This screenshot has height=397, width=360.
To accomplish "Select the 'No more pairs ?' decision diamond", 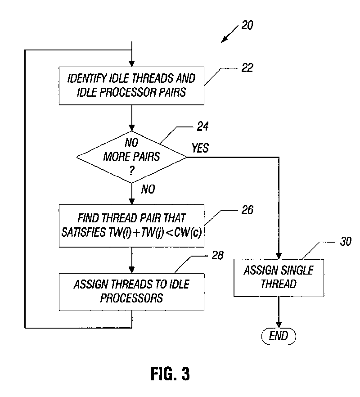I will pyautogui.click(x=131, y=158).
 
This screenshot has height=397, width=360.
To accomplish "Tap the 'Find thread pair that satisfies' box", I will pyautogui.click(x=131, y=225).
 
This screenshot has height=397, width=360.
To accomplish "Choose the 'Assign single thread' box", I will pyautogui.click(x=279, y=277).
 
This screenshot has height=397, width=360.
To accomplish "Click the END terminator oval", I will pyautogui.click(x=279, y=335).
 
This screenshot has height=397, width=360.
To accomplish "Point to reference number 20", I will pyautogui.click(x=247, y=25).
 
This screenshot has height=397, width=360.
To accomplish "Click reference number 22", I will pyautogui.click(x=247, y=68).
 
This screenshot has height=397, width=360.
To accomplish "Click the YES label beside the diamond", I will pyautogui.click(x=200, y=148).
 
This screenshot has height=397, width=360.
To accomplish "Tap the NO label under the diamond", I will pyautogui.click(x=148, y=189).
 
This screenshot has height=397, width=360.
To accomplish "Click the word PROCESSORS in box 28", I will pyautogui.click(x=131, y=298).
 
